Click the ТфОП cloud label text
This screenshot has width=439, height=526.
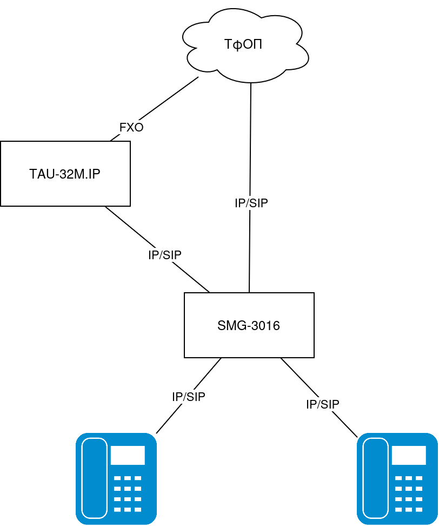click(243, 44)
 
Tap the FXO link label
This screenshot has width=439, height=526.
click(131, 127)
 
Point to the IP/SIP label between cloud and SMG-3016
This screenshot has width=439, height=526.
click(251, 203)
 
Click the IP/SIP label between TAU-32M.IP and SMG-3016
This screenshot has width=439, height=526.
click(165, 255)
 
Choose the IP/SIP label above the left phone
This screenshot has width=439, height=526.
click(189, 396)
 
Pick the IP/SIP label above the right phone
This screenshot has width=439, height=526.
click(323, 404)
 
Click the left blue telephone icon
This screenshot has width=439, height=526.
click(116, 479)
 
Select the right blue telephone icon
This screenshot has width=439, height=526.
click(397, 479)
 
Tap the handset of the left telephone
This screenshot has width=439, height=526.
click(94, 478)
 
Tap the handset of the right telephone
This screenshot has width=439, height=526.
click(375, 478)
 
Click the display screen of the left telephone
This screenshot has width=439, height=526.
click(128, 455)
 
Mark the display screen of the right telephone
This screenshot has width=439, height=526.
click(409, 455)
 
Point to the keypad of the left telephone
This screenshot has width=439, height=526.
click(128, 494)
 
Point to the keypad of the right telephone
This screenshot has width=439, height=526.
click(409, 494)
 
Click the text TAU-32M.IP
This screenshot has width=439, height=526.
click(65, 174)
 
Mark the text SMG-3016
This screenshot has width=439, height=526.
click(249, 326)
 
